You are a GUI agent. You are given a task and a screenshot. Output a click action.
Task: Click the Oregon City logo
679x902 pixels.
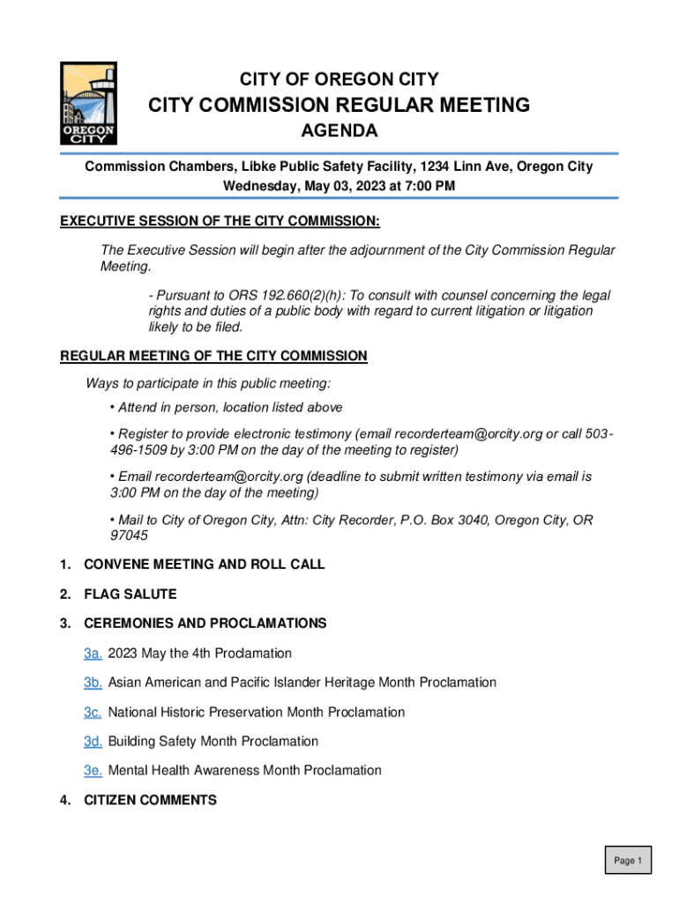[x=87, y=103]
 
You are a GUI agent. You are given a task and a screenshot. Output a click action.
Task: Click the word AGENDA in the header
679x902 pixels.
[x=339, y=132]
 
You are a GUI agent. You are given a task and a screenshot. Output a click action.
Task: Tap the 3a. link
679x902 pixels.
[x=93, y=654]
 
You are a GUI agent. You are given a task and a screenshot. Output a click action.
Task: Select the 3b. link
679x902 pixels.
[x=93, y=683]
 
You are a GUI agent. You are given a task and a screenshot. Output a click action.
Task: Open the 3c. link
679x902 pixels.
[x=93, y=712]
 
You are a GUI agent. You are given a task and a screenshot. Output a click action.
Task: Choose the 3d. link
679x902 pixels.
[x=93, y=742]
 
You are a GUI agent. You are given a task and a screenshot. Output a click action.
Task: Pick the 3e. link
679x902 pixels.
[x=93, y=771]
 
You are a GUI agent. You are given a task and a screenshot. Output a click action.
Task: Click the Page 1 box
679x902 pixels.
[x=628, y=861]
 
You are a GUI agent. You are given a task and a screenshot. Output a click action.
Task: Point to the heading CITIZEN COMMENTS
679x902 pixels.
[x=150, y=801]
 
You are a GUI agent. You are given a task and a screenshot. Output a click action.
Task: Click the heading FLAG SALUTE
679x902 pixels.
[x=130, y=595]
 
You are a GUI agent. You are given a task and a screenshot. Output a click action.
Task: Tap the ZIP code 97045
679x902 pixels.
[x=129, y=536]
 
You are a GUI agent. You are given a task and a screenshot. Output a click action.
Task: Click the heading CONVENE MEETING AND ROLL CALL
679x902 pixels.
[x=204, y=565]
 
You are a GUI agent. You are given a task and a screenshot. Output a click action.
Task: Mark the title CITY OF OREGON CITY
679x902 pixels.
[x=339, y=79]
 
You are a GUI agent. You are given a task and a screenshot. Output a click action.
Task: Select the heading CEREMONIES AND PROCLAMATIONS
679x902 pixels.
[x=205, y=624]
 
